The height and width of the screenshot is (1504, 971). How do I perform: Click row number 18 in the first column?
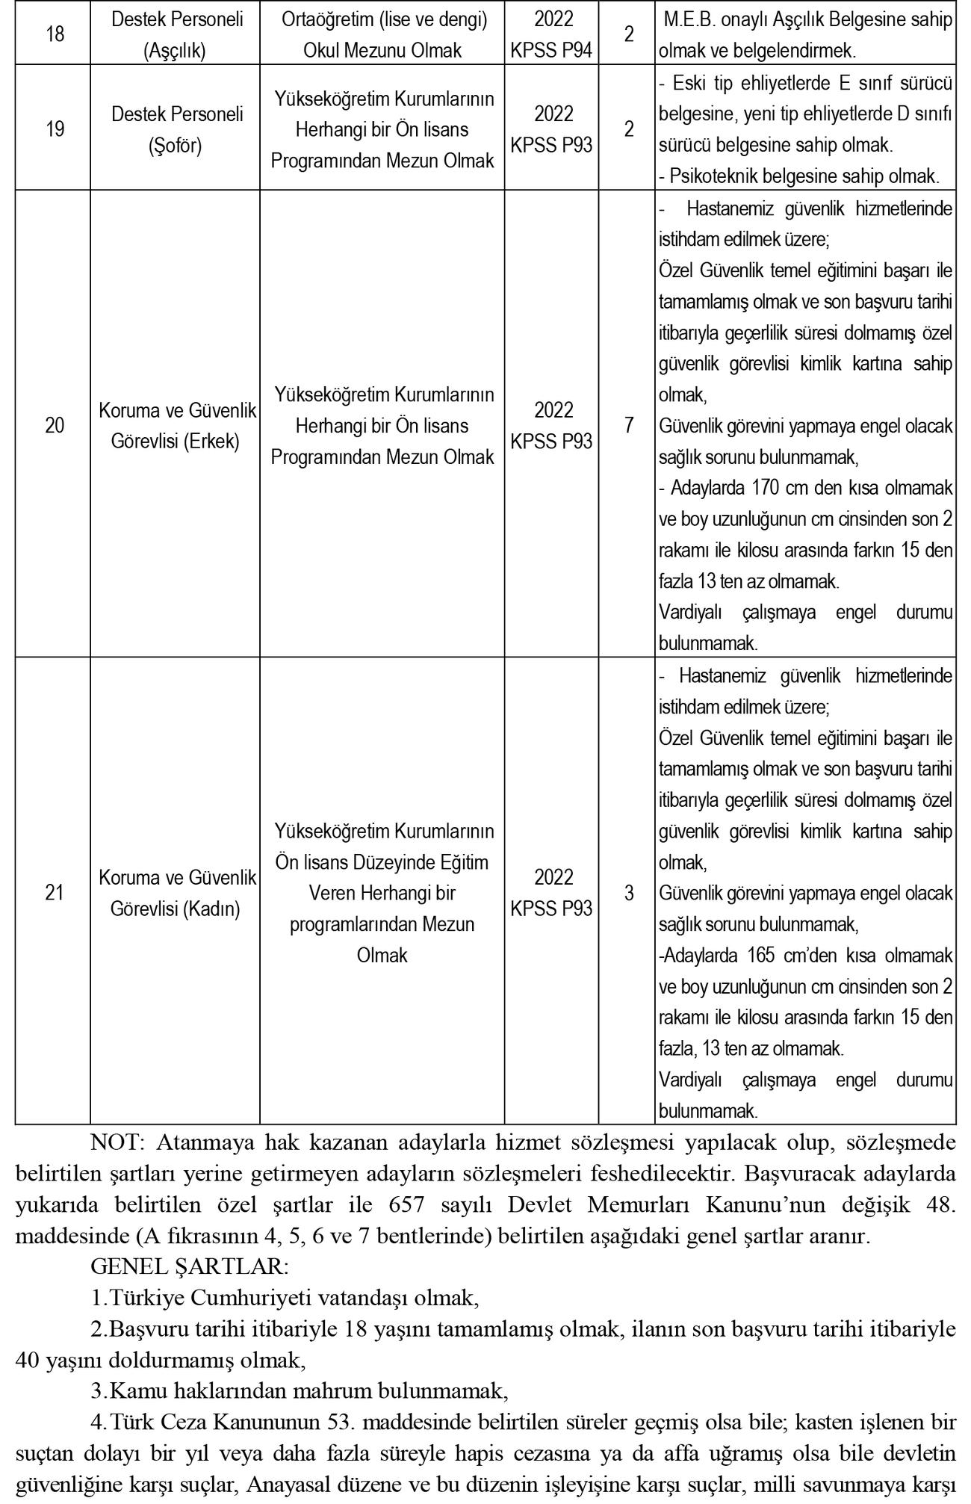pyautogui.click(x=54, y=34)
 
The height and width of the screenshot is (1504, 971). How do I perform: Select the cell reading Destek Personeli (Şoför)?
pyautogui.click(x=177, y=129)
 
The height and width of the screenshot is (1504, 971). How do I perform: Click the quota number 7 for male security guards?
pyautogui.click(x=629, y=425)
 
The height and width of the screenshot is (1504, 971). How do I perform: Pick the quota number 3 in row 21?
pyautogui.click(x=629, y=892)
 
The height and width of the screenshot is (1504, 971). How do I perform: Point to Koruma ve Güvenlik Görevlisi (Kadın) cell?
pyautogui.click(x=177, y=893)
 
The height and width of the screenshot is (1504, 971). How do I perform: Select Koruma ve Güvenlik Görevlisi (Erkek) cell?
pyautogui.click(x=177, y=425)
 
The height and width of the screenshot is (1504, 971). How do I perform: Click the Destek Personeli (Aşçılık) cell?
pyautogui.click(x=177, y=34)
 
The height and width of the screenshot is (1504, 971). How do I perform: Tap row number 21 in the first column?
pyautogui.click(x=54, y=892)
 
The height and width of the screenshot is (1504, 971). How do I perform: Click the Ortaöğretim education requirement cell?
pyautogui.click(x=382, y=34)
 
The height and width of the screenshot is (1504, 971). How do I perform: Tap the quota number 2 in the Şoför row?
pyautogui.click(x=629, y=129)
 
